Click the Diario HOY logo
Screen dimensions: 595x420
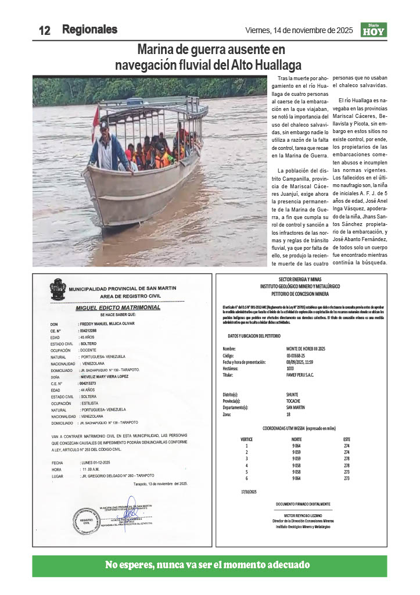374,30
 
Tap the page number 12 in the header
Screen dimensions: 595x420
45,31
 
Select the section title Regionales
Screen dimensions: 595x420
89,29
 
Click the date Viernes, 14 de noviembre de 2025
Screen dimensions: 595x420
299,30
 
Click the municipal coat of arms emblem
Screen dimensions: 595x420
58,289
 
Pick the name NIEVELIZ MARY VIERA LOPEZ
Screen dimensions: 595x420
112,376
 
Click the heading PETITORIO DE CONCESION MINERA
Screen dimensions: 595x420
301,293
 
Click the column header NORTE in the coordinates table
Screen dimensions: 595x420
296,439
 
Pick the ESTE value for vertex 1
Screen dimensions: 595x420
347,446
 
